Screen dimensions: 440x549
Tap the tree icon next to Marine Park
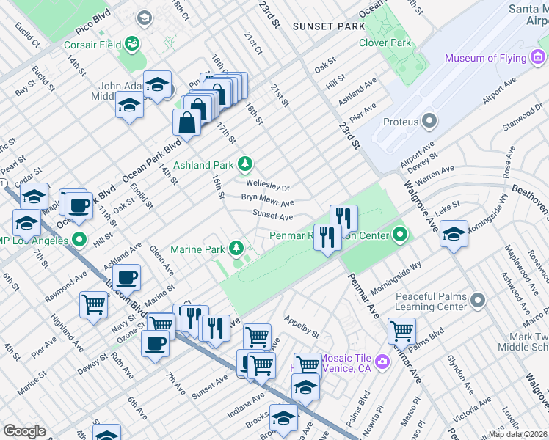click(236, 249)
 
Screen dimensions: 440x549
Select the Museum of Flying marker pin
click(451, 58)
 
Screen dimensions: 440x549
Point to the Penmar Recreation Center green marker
click(399, 235)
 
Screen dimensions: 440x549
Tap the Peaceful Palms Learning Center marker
click(478, 301)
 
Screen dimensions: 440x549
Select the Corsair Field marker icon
click(133, 45)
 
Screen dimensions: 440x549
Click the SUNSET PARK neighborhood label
click(328, 26)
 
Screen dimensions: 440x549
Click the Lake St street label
click(446, 208)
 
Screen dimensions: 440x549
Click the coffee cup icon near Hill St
click(79, 205)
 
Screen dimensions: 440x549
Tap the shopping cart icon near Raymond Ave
click(94, 304)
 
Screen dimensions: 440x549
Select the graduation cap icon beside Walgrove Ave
click(454, 233)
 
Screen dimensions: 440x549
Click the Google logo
click(24, 431)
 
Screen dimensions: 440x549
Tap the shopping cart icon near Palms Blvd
click(401, 329)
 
